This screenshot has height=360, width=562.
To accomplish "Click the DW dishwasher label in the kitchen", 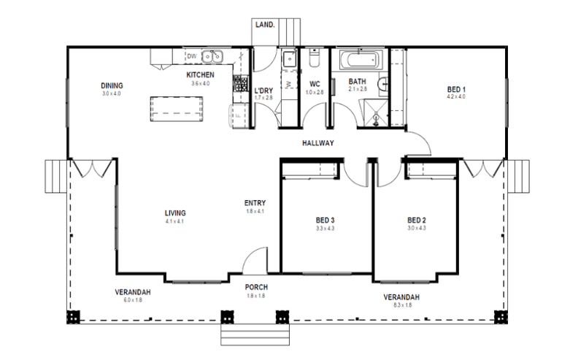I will coord(191,56).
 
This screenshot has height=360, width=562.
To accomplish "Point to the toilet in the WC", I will coord(315,58).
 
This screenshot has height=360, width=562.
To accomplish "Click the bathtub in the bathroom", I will coord(358,58).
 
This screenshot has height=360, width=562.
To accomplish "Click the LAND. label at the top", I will coord(264,25).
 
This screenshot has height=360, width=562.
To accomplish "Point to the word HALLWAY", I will coord(317,143).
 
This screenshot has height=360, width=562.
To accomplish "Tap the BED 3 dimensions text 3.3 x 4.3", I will coord(325,229).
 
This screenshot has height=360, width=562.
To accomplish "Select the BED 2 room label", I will coord(416,220).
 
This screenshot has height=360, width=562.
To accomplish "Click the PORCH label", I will coord(255,287).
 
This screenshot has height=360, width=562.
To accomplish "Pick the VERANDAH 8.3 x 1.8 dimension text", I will coord(401,306).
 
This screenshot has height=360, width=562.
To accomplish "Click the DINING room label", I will coord(112,85).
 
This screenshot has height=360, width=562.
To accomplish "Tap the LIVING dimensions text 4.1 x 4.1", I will coord(175,221).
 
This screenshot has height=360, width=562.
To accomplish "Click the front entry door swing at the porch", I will coord(254,259).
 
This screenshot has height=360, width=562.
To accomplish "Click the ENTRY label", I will coord(255,203).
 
